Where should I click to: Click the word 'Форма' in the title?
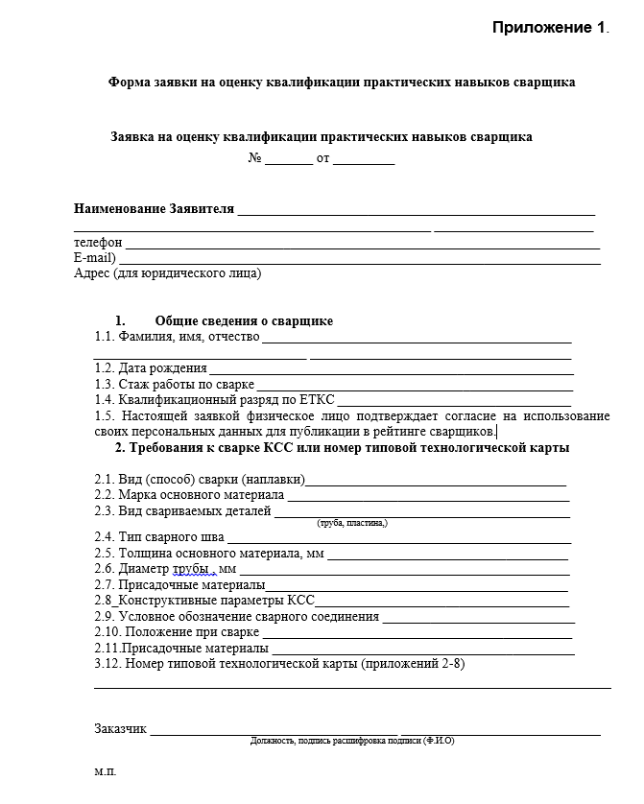click(x=128, y=83)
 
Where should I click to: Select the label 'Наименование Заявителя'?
click(x=154, y=209)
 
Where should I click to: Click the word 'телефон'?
click(x=98, y=243)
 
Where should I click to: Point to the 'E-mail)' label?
click(x=95, y=258)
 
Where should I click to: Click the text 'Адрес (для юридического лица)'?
click(x=167, y=273)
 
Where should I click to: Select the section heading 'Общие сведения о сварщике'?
click(x=244, y=321)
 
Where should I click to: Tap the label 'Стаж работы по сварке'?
click(x=174, y=384)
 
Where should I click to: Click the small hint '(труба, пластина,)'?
click(x=351, y=524)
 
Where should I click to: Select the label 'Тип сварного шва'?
click(x=172, y=537)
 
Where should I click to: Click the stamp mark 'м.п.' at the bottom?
click(x=105, y=771)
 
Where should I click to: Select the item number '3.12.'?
click(x=107, y=663)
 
